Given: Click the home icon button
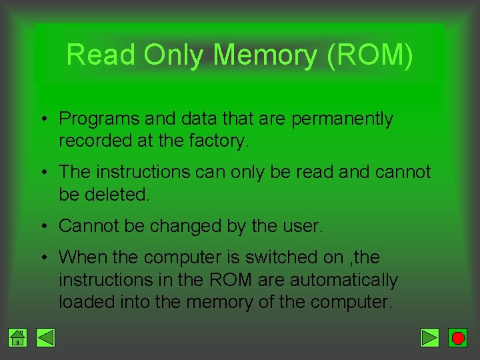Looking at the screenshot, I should [18, 339].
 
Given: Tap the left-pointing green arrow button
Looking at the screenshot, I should [45, 339].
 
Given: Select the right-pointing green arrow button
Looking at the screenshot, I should [430, 339].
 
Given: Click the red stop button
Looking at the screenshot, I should [457, 339].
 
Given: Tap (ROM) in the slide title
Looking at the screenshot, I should [370, 55].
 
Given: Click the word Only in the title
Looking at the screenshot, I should [174, 55].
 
